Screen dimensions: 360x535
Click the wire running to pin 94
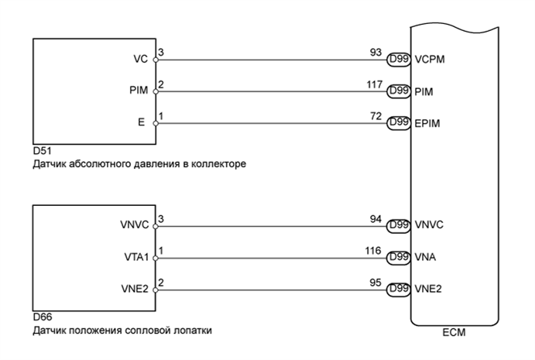(x=271, y=227)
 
